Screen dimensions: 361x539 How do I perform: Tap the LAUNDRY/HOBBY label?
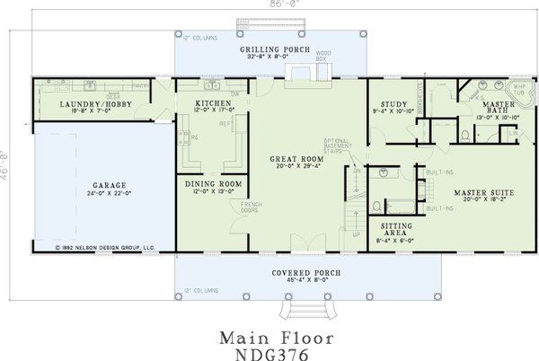(71, 104)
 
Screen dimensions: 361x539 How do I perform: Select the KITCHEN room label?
(213, 104)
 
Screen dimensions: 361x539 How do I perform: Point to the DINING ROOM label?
(214, 184)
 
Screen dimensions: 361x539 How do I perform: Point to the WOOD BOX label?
(324, 57)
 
